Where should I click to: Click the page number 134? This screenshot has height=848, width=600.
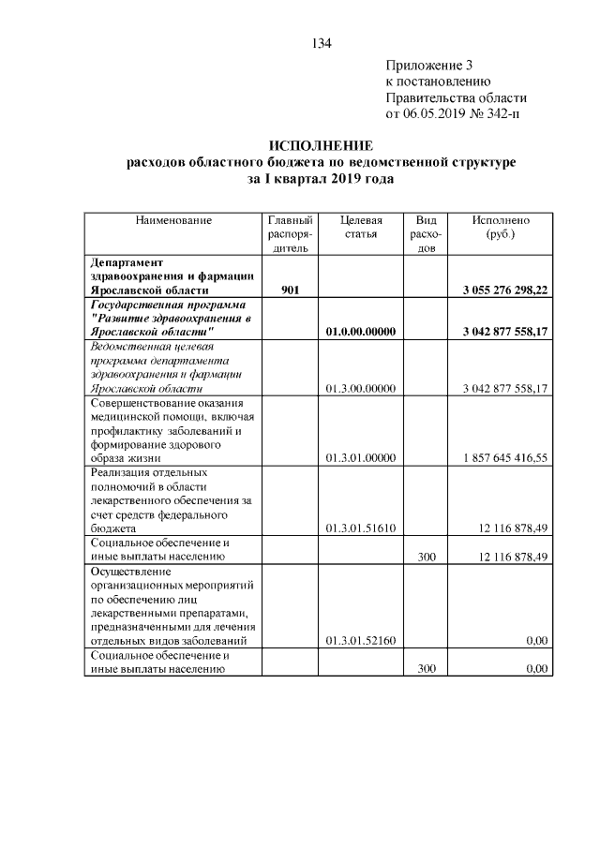[x=321, y=43]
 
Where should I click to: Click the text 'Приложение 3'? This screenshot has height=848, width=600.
[x=429, y=66]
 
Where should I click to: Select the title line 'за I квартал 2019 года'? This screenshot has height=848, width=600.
[x=321, y=178]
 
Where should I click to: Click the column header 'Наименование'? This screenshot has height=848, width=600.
[x=173, y=220]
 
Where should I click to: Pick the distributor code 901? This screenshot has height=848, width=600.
[x=290, y=290]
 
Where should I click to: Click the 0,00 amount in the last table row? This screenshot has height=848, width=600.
[x=536, y=668]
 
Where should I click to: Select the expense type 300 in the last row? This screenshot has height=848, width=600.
[x=427, y=668]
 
